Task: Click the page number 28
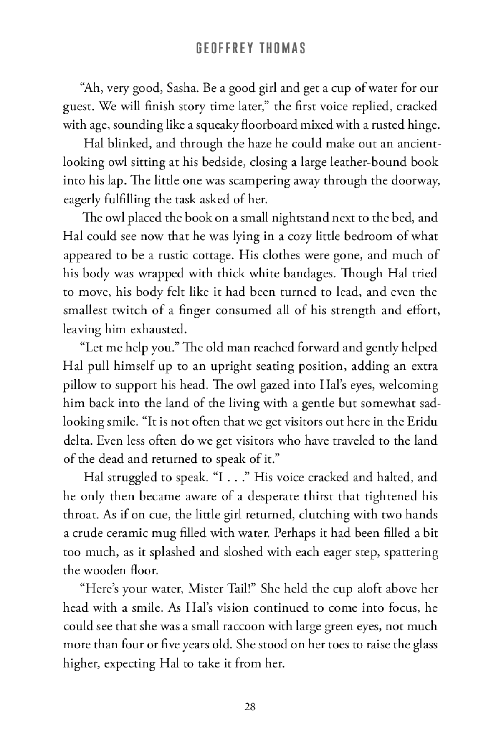pyautogui.click(x=250, y=707)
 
